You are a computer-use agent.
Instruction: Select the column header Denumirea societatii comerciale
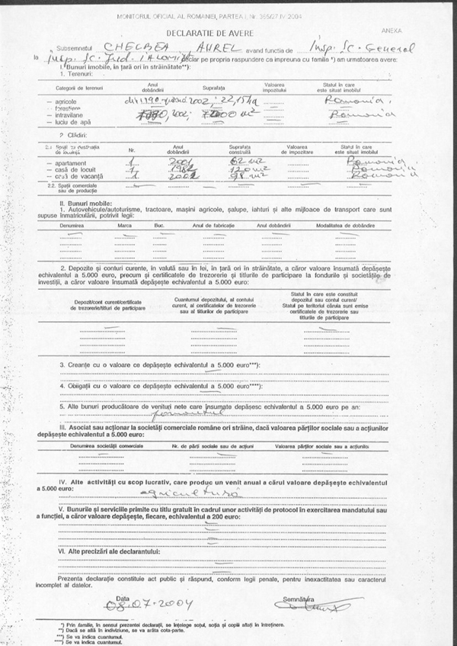(x=106, y=444)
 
